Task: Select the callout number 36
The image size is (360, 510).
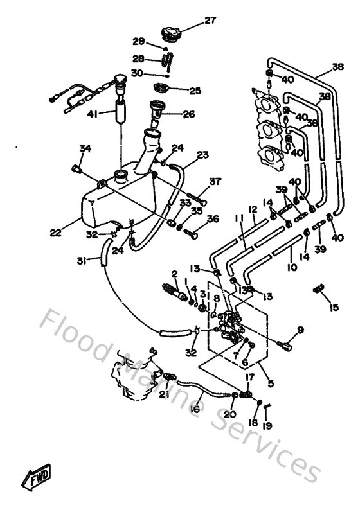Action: tap(212, 219)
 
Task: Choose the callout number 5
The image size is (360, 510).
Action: tap(269, 384)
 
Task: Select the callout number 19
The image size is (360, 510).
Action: tap(267, 425)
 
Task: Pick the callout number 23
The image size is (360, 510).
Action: tap(203, 155)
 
